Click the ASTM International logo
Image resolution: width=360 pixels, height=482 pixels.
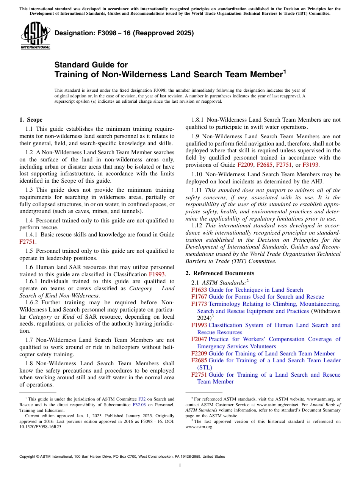pyautogui.click(x=36, y=36)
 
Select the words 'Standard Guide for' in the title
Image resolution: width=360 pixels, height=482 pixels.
pyautogui.click(x=91, y=65)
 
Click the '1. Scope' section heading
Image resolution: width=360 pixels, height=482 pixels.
pyautogui.click(x=31, y=120)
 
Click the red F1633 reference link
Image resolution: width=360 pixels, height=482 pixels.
pyautogui.click(x=199, y=290)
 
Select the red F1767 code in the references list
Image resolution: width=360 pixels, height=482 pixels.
pyautogui.click(x=199, y=297)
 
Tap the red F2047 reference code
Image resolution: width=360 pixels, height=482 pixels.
pyautogui.click(x=199, y=339)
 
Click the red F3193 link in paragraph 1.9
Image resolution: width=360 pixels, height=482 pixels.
pyautogui.click(x=310, y=165)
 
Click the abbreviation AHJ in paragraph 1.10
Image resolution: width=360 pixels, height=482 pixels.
pyautogui.click(x=317, y=182)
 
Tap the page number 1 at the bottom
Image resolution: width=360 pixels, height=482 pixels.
pyautogui.click(x=180, y=466)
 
